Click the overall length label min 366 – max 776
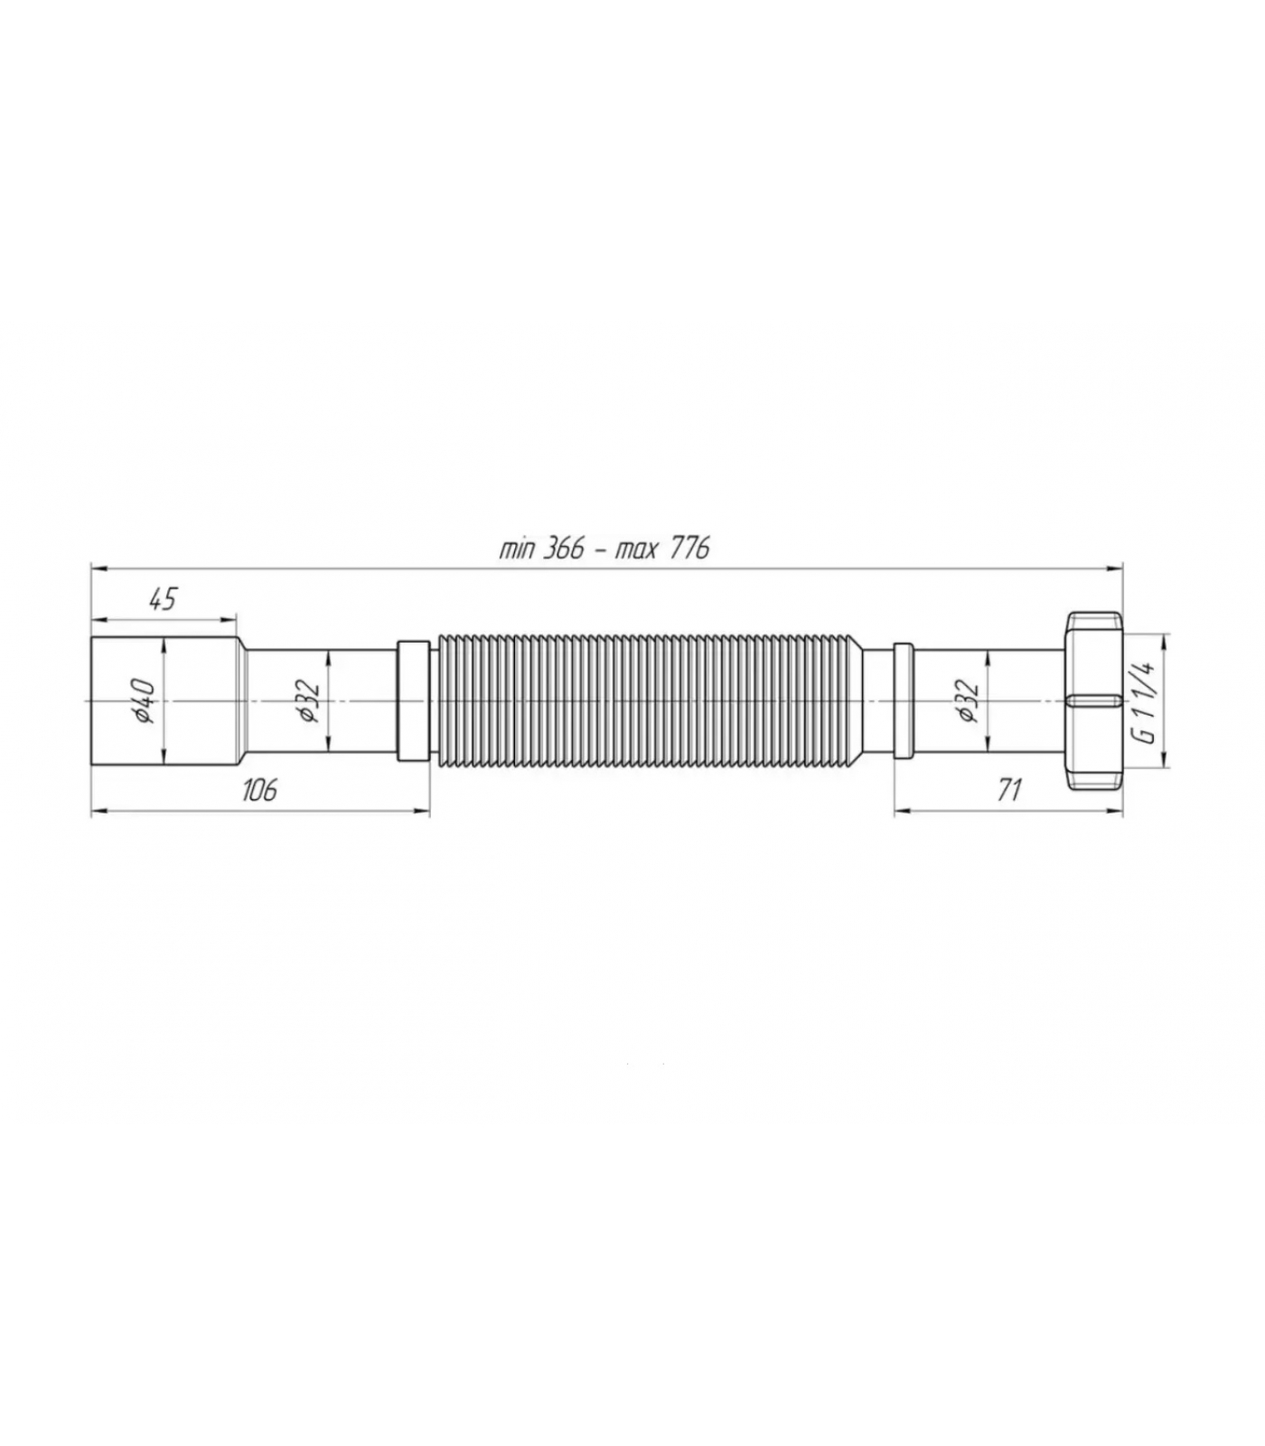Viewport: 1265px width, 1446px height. coord(604,549)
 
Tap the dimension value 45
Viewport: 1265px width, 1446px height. coord(162,599)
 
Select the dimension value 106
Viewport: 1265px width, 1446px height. coord(258,789)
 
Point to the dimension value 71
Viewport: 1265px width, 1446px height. coord(1008,789)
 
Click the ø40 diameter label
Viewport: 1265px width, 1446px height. coord(145,701)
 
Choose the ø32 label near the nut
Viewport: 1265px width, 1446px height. coord(967,701)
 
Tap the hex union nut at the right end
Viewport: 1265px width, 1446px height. coord(1093,701)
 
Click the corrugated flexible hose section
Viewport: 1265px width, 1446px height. coord(649,701)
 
